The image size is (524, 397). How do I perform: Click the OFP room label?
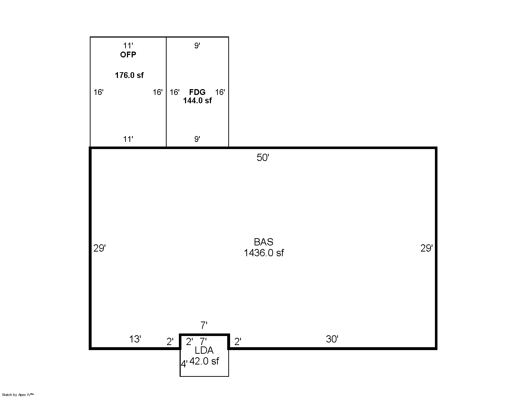128,55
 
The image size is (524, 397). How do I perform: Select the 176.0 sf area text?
129,75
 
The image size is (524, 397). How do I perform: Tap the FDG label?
197,92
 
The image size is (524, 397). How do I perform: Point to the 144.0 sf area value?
197,101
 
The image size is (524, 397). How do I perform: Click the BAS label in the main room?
263,242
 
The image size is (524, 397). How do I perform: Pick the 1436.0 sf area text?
264,253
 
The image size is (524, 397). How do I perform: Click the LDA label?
204,350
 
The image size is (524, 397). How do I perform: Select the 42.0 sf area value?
204,361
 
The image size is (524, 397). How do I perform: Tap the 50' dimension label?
263,157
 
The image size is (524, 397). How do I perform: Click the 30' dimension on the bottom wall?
332,339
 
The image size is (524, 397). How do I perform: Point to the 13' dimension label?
135,339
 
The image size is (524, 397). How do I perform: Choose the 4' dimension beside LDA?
184,364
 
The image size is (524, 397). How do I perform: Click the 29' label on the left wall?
99,248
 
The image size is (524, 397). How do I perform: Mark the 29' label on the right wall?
426,248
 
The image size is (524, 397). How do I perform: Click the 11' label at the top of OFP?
128,45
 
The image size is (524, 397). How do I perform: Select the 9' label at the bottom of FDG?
197,139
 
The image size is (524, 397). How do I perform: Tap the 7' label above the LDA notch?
204,325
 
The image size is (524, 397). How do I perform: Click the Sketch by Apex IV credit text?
18,394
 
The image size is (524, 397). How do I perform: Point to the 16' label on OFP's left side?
98,92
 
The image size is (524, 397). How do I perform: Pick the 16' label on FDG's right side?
220,92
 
